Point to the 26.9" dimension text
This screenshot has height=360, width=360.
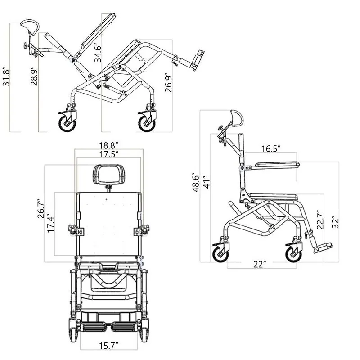point(169,82)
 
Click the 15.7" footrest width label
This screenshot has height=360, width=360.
point(108,346)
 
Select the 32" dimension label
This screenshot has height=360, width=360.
point(335,223)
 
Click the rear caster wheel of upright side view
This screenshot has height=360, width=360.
point(220,252)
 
